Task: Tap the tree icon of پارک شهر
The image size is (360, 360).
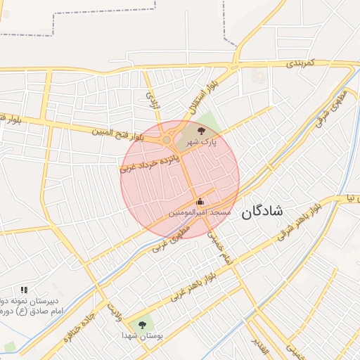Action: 202,130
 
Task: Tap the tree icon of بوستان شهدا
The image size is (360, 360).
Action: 143,325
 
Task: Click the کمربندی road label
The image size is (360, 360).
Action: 302,63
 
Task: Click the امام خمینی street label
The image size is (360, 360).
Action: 217,249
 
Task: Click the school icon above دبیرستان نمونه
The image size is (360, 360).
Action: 24,289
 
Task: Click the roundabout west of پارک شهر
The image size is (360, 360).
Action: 167,140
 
